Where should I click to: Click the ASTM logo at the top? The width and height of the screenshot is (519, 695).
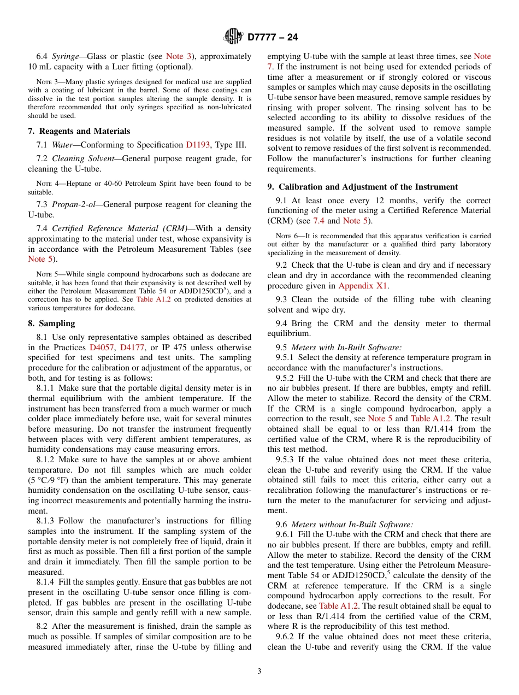click(233, 37)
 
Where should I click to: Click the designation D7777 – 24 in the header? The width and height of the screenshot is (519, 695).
click(273, 38)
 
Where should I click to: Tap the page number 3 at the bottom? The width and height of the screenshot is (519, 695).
click(259, 671)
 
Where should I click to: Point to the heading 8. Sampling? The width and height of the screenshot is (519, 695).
click(51, 323)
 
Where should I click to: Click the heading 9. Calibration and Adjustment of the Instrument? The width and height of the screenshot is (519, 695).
click(362, 187)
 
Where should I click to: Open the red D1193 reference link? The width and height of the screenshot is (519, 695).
click(198, 145)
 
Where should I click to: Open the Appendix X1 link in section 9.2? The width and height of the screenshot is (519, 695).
click(363, 286)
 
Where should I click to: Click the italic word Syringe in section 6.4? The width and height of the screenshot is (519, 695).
click(65, 56)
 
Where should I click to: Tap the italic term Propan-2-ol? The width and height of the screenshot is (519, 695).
click(74, 204)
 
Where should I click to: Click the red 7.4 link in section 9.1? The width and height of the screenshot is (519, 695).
click(319, 221)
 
